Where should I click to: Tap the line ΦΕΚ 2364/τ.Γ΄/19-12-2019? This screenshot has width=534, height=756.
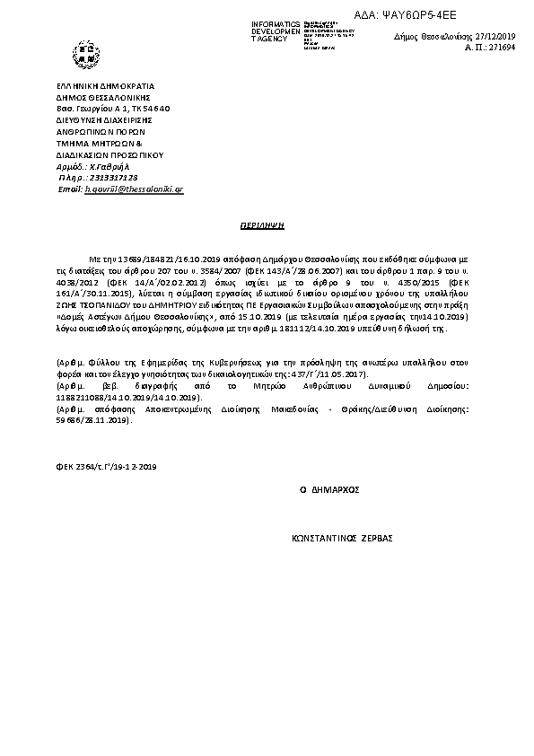[105, 467]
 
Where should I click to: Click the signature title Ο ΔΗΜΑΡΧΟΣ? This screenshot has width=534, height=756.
[328, 490]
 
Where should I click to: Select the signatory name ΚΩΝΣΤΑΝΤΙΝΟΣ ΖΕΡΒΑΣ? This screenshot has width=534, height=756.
[343, 541]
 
